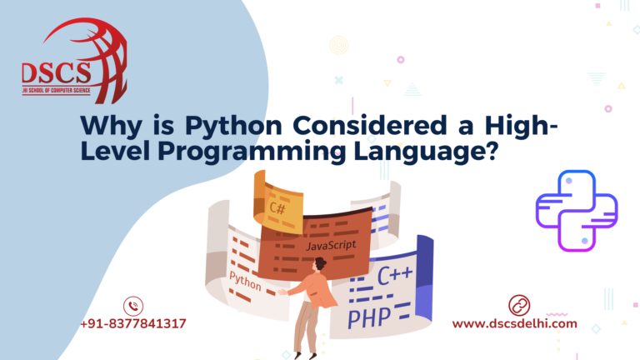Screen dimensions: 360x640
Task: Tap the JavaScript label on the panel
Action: (331, 246)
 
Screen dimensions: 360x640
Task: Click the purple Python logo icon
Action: (576, 210)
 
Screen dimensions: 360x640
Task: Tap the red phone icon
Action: (133, 306)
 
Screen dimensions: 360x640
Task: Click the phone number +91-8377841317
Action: (133, 324)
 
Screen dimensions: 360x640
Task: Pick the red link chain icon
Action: (519, 305)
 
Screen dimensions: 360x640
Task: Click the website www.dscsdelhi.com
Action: (514, 324)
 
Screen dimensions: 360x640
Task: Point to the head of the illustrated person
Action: (318, 264)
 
